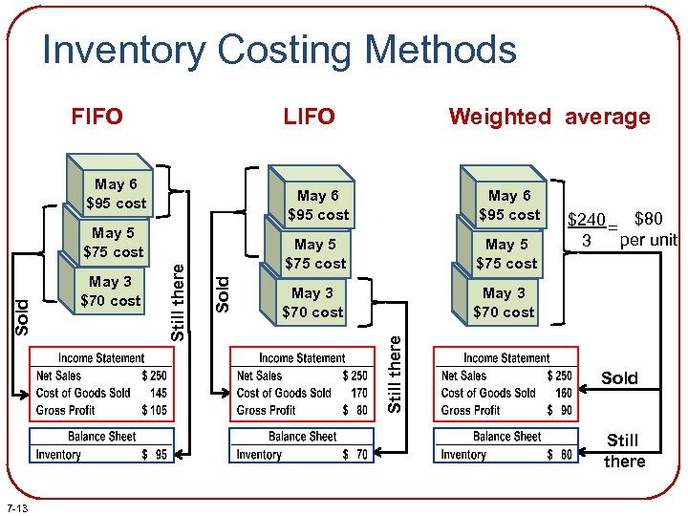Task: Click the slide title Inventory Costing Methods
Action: [279, 50]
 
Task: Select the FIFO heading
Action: [97, 117]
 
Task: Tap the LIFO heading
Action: [309, 117]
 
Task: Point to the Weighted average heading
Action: [549, 117]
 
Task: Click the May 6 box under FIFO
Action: [116, 193]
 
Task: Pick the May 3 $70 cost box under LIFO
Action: [312, 302]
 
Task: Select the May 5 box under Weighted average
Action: [506, 253]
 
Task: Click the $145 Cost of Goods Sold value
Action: [158, 393]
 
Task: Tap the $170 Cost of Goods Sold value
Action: [358, 393]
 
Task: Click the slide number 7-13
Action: [17, 506]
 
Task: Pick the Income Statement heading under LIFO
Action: [302, 358]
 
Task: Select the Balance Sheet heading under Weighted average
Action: [506, 437]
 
